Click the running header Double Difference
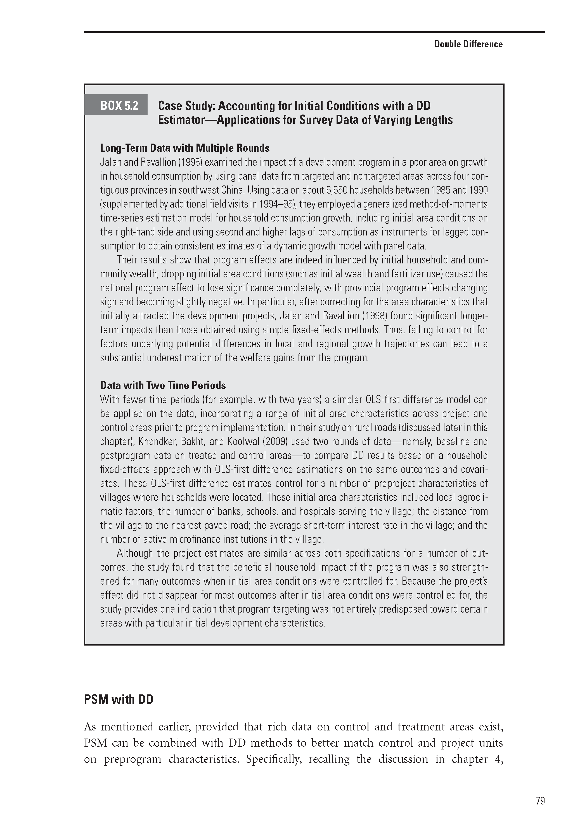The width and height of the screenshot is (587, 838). [x=468, y=44]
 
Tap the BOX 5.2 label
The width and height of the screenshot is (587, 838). [x=119, y=106]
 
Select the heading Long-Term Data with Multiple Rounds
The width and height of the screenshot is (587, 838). [x=185, y=148]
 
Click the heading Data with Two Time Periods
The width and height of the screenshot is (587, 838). [x=163, y=385]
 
